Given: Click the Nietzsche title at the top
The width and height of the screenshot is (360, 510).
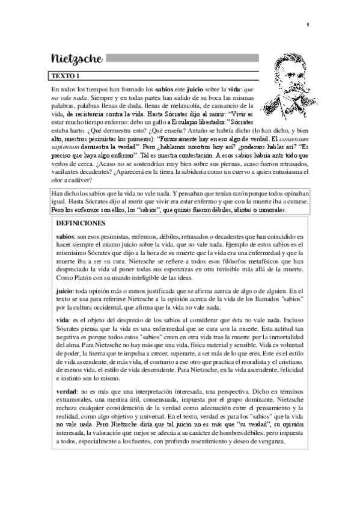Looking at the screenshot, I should (77, 59).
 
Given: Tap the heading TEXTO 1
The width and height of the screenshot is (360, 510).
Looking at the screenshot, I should (65, 76).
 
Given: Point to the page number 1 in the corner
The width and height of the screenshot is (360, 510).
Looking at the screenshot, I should (307, 25).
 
